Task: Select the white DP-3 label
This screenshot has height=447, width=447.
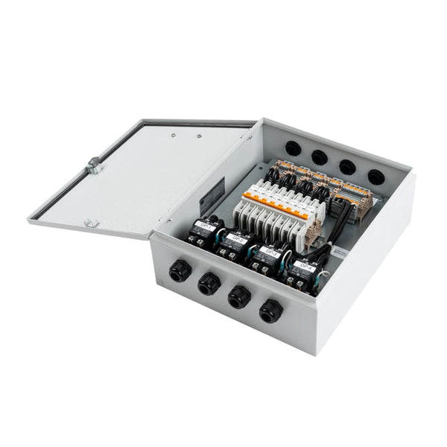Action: point(271,253)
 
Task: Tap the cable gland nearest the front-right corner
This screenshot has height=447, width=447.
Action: point(269,310)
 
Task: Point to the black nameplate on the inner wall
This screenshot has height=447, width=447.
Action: point(215,192)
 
